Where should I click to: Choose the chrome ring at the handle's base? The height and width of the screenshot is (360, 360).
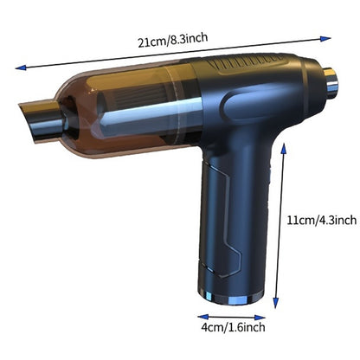[x=229, y=297]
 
